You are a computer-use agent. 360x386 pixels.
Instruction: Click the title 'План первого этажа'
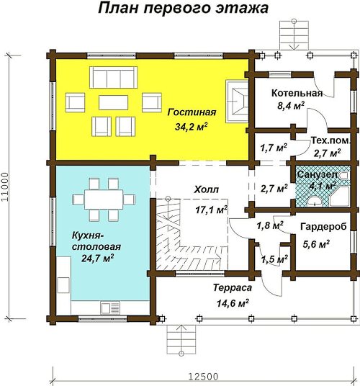tap(183, 8)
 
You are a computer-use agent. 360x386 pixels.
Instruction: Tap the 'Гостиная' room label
tap(192, 112)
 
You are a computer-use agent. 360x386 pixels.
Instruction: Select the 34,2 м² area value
tap(192, 127)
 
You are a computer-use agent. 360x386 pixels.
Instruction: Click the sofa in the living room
tap(114, 77)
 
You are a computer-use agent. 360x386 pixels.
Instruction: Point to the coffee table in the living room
tap(114, 102)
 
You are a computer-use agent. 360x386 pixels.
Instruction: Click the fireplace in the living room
tap(237, 101)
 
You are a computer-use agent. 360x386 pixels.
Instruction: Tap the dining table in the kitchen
tap(104, 199)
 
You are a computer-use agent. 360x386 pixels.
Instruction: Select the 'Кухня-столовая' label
tap(96, 241)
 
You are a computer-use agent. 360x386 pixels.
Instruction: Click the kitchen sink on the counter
tap(110, 308)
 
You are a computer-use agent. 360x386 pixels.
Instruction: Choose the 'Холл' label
tap(206, 190)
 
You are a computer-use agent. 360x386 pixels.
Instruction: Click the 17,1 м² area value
tap(212, 210)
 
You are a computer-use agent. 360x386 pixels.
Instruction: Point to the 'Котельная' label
tap(297, 94)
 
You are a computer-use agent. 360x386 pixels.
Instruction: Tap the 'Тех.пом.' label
tap(330, 140)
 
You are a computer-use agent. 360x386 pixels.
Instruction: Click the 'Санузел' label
tap(318, 174)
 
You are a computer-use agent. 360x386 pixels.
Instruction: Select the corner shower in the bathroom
tap(339, 196)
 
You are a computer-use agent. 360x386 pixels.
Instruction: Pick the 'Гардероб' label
tap(323, 226)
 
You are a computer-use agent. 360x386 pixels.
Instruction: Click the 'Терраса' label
tap(233, 288)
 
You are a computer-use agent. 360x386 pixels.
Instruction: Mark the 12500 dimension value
tap(203, 377)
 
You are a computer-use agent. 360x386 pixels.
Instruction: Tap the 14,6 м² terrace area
tap(233, 302)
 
